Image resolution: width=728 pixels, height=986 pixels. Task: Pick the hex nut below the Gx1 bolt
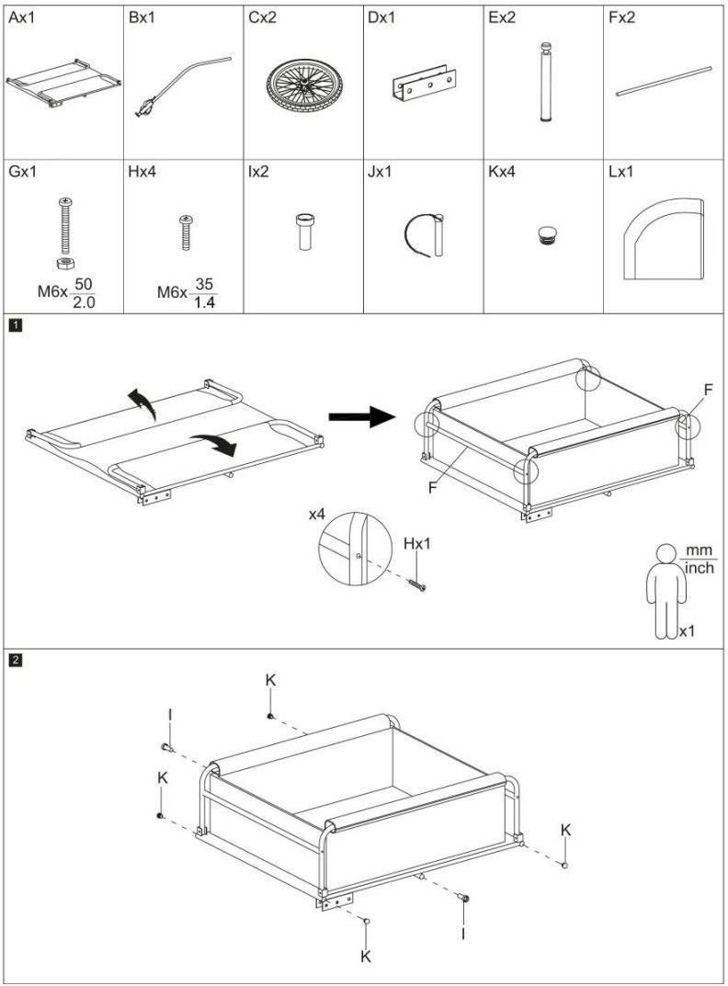[63, 264]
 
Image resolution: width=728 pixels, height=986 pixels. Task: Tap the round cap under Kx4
[544, 234]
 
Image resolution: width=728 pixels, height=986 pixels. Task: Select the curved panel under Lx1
[663, 238]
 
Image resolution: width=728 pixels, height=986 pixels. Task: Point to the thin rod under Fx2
[664, 80]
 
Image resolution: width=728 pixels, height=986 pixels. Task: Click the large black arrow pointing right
[362, 417]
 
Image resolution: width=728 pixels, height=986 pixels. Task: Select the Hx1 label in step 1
[416, 544]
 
